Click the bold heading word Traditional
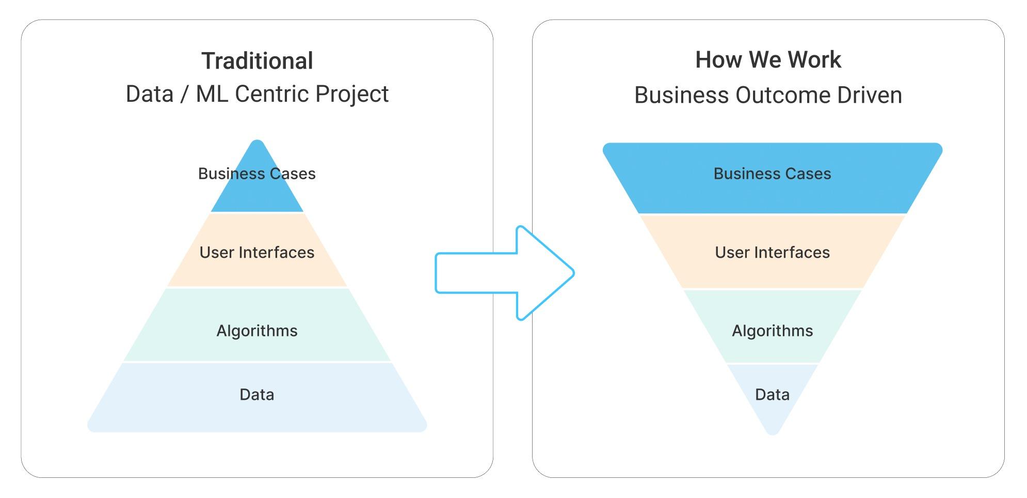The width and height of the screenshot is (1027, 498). click(x=257, y=61)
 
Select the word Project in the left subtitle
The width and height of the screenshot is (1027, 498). click(x=352, y=94)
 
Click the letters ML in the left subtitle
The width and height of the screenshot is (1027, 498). click(x=212, y=94)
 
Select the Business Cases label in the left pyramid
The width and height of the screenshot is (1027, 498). click(x=257, y=174)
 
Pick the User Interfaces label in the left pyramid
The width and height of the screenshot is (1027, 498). click(x=257, y=252)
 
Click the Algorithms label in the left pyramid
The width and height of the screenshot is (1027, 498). click(x=257, y=331)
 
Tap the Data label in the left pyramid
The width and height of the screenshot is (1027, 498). click(x=257, y=395)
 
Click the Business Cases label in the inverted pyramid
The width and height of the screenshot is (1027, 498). click(x=772, y=174)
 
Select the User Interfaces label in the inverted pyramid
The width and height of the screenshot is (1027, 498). click(x=772, y=252)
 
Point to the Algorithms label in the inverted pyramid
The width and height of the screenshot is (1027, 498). click(x=772, y=331)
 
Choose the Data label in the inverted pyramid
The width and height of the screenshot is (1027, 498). click(x=772, y=395)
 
